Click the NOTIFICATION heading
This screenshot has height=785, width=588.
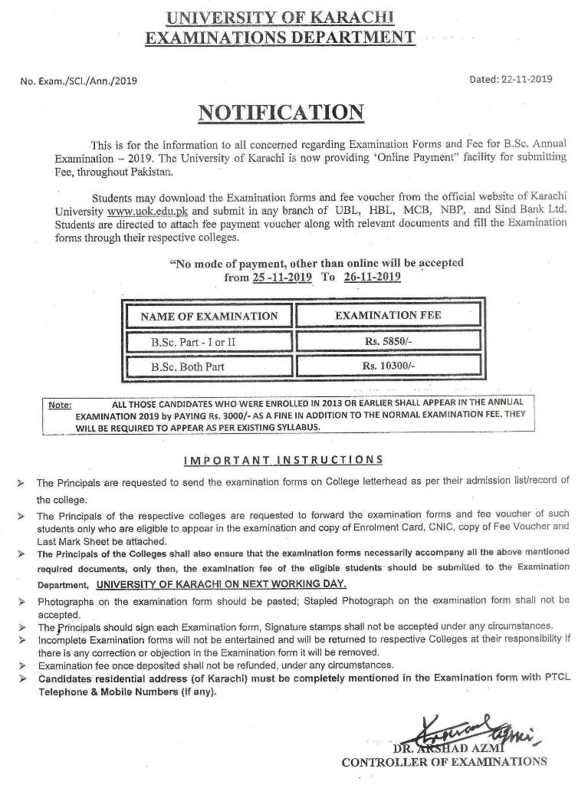(281, 112)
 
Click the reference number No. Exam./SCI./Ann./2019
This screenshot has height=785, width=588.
(78, 80)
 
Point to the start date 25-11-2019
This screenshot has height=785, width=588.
(281, 278)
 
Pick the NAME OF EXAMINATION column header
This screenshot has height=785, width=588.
(209, 316)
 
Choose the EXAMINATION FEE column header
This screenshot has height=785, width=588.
(388, 314)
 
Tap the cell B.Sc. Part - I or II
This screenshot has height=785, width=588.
(182, 342)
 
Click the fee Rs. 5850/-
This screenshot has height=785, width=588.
(388, 341)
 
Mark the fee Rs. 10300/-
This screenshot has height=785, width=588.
(388, 366)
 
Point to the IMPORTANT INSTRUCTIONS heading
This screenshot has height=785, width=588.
(284, 459)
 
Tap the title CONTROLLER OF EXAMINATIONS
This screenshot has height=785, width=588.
(444, 762)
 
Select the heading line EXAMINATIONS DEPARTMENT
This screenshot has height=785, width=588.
(281, 37)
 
